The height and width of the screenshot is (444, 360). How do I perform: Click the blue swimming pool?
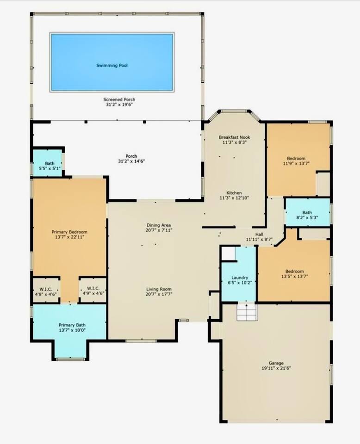pyautogui.click(x=112, y=62)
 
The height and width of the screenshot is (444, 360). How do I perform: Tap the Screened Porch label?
pyautogui.click(x=119, y=99)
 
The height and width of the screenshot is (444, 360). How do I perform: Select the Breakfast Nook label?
pyautogui.click(x=234, y=137)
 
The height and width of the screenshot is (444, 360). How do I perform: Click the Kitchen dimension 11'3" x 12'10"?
pyautogui.click(x=234, y=198)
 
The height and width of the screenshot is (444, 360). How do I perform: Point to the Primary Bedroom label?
pyautogui.click(x=69, y=232)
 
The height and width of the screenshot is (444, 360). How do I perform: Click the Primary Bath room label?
pyautogui.click(x=72, y=325)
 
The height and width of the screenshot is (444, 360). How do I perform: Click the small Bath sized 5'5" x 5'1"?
pyautogui.click(x=48, y=163)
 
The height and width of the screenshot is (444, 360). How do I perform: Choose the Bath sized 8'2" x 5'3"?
pyautogui.click(x=307, y=212)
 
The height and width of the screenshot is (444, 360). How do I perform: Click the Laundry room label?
pyautogui.click(x=240, y=278)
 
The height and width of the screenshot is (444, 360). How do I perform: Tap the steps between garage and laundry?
pyautogui.click(x=247, y=312)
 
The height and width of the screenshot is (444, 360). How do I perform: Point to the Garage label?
pyautogui.click(x=276, y=363)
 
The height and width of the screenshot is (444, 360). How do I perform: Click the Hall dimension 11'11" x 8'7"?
pyautogui.click(x=259, y=240)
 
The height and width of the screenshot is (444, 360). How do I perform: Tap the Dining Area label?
pyautogui.click(x=158, y=225)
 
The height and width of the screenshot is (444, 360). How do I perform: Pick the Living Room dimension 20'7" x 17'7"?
pyautogui.click(x=159, y=294)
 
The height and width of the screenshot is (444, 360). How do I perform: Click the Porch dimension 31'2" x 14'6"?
pyautogui.click(x=131, y=161)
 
